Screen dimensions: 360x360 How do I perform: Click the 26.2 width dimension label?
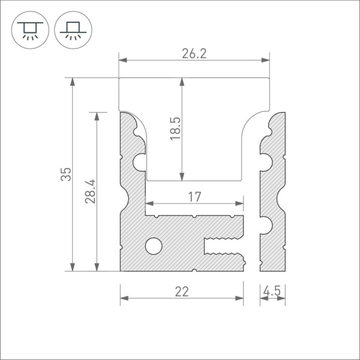pos(194,53)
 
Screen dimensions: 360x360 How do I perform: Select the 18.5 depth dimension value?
pos(175,128)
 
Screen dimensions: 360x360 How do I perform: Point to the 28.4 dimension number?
pos(90,191)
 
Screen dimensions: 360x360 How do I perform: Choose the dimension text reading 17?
pos(194,196)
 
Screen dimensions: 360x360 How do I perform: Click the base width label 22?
pos(181,292)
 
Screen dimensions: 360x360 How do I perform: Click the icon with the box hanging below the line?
pos(27,28)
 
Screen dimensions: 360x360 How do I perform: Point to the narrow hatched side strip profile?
pos(272,192)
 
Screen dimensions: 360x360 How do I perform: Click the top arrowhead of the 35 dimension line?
pos(73,81)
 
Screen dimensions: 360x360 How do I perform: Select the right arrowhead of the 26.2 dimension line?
pos(266,60)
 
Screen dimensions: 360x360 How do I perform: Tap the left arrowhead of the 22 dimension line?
pos(124,298)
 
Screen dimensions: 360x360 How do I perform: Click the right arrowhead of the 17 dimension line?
pos(241,203)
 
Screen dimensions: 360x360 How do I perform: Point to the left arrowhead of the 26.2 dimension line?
pos(122,60)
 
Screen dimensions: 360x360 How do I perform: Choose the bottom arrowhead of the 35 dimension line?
pos(73,268)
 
